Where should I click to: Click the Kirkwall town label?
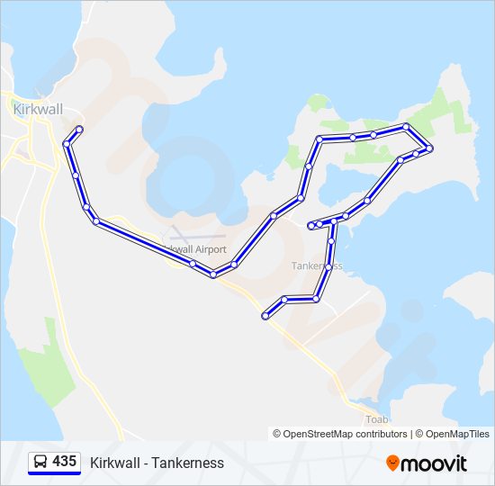[x=37, y=108]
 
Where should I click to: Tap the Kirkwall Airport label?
[x=195, y=249]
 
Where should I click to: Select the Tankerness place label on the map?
[x=317, y=265]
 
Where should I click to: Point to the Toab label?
[x=376, y=419]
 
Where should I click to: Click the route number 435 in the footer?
[x=64, y=461]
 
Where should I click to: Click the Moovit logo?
[x=427, y=463]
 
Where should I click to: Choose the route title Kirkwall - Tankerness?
[x=157, y=463]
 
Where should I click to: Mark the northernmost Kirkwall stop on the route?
[x=80, y=130]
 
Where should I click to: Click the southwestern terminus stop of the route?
[x=265, y=316]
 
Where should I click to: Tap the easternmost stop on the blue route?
[x=430, y=148]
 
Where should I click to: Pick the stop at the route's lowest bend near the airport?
[x=213, y=274]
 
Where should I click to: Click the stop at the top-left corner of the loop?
[x=319, y=139]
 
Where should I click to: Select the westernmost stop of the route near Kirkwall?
[x=66, y=144]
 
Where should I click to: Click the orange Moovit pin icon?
[x=392, y=463]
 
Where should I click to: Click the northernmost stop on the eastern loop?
[x=407, y=127]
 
